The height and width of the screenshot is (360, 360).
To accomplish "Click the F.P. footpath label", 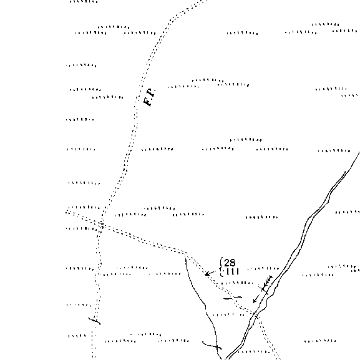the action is point(149,97).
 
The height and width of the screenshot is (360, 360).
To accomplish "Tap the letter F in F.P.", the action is point(147,102).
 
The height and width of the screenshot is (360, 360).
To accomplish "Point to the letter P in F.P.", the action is point(152,92).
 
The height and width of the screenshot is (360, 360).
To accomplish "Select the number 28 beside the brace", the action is point(230,263).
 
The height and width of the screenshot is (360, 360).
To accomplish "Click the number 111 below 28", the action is point(232,271).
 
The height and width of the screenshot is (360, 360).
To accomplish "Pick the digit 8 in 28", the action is point(233,263).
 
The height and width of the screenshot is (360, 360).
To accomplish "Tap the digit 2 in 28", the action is point(227,263).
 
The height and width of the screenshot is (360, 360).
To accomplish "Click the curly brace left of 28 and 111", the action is point(221,267).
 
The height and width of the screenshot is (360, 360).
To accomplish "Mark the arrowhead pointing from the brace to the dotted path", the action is point(207,273).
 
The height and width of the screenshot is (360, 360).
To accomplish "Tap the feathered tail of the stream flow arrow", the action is point(268,281).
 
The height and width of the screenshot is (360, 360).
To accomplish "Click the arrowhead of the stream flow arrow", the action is point(255,301).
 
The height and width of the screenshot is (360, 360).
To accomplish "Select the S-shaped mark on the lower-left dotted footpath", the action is point(95,321).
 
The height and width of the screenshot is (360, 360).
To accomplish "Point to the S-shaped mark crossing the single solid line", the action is point(212,345).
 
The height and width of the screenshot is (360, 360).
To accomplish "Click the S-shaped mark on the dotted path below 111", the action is point(233,298).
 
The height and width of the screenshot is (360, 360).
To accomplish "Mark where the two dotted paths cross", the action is point(102,225).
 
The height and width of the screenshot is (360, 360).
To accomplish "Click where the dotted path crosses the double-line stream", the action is point(256,314).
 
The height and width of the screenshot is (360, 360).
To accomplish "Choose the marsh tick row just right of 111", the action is point(263,268).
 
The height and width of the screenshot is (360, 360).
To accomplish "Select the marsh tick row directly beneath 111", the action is point(236,283).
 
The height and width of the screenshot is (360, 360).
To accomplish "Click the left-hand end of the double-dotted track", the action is point(66,212).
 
